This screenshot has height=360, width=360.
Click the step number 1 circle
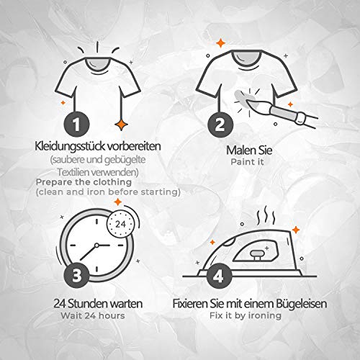pos(76,125)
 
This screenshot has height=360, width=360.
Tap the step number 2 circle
pos(220,125)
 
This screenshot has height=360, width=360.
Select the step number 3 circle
pos(76,275)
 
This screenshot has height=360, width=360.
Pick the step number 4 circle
pos(219,276)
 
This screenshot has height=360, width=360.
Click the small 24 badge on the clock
pos(120,224)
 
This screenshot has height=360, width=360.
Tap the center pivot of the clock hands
pos(96,246)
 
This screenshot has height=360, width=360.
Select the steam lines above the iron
pos(266,215)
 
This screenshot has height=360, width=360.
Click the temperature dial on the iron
pos(257,255)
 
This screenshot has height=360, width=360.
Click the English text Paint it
pos(247,162)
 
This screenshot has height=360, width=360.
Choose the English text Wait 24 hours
pos(93,315)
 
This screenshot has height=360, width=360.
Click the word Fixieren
pos(190,304)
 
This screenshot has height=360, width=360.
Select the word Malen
pos(240,150)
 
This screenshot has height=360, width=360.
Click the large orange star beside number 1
pos(121,125)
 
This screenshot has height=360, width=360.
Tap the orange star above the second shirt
pos(220,43)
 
